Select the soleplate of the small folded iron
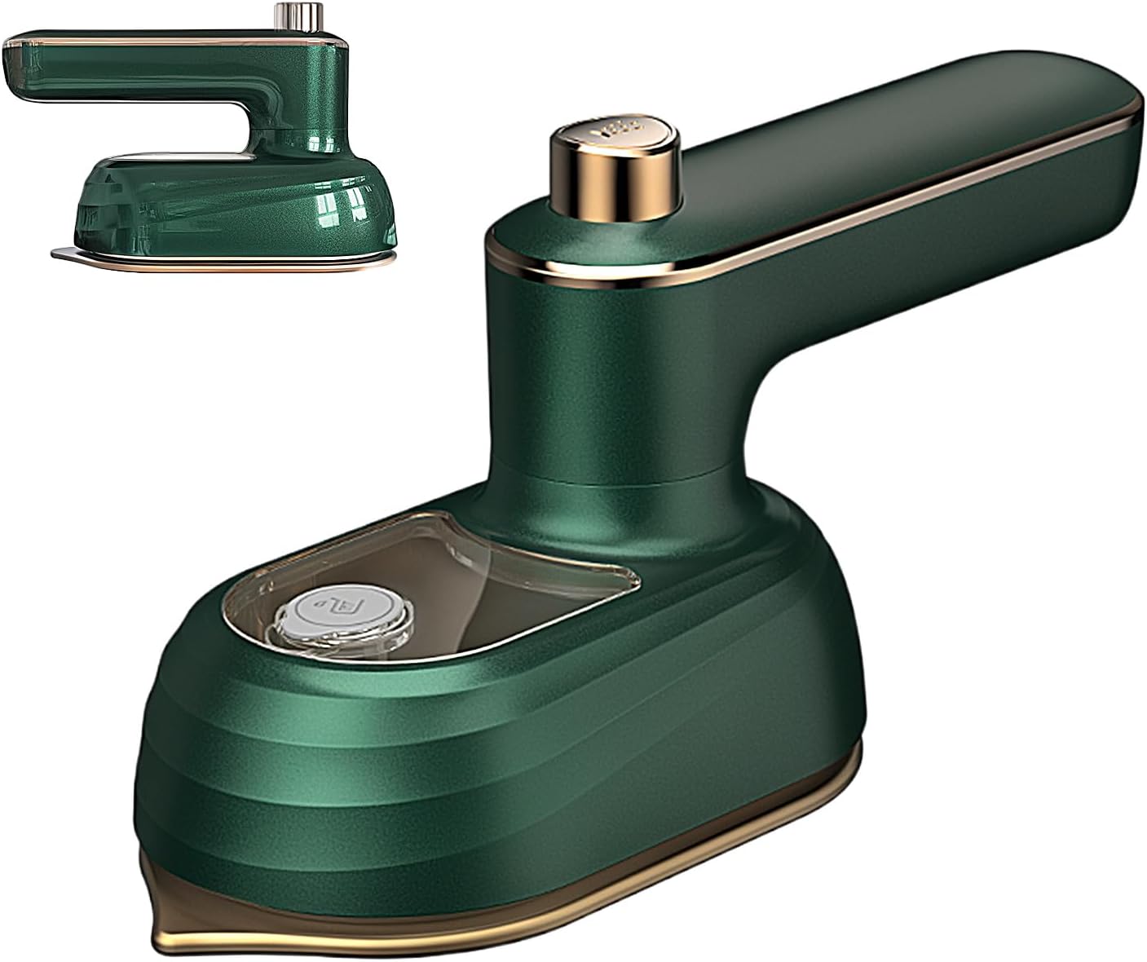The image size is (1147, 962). [228, 259]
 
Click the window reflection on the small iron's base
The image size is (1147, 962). [326, 208]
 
